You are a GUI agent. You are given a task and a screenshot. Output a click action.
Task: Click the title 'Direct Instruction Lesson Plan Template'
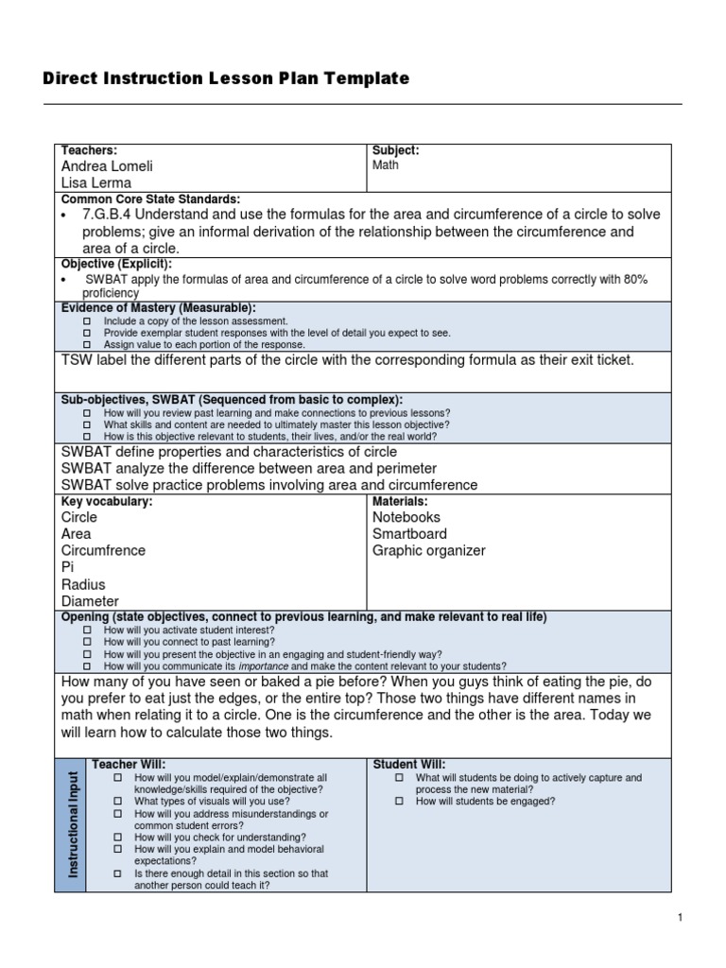click(x=226, y=79)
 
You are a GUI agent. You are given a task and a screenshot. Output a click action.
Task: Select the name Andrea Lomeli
click(x=107, y=166)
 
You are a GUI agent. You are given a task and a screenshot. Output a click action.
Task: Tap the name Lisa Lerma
click(x=96, y=183)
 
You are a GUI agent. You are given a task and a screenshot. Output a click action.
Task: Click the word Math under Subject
click(x=386, y=165)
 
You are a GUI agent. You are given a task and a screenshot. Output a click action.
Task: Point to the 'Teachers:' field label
click(x=89, y=150)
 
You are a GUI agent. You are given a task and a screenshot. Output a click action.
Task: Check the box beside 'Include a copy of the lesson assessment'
click(x=87, y=321)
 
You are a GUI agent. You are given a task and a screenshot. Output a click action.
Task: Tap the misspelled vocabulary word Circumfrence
click(x=104, y=551)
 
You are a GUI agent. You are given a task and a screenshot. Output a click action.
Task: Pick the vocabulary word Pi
click(x=67, y=568)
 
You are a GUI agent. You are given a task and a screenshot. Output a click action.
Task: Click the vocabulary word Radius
click(x=83, y=585)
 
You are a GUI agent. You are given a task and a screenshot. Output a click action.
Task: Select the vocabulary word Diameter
click(x=90, y=601)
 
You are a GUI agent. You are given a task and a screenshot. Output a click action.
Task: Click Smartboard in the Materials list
click(x=409, y=534)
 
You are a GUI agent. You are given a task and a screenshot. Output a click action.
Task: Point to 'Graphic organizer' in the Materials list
click(x=428, y=551)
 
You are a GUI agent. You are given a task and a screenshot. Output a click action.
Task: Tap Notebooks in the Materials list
click(x=406, y=518)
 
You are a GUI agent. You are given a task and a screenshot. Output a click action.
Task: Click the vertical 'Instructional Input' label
click(x=72, y=823)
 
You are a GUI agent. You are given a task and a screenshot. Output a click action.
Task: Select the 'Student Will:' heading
click(x=409, y=764)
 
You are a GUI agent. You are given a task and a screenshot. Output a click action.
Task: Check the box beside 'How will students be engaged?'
click(x=399, y=802)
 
